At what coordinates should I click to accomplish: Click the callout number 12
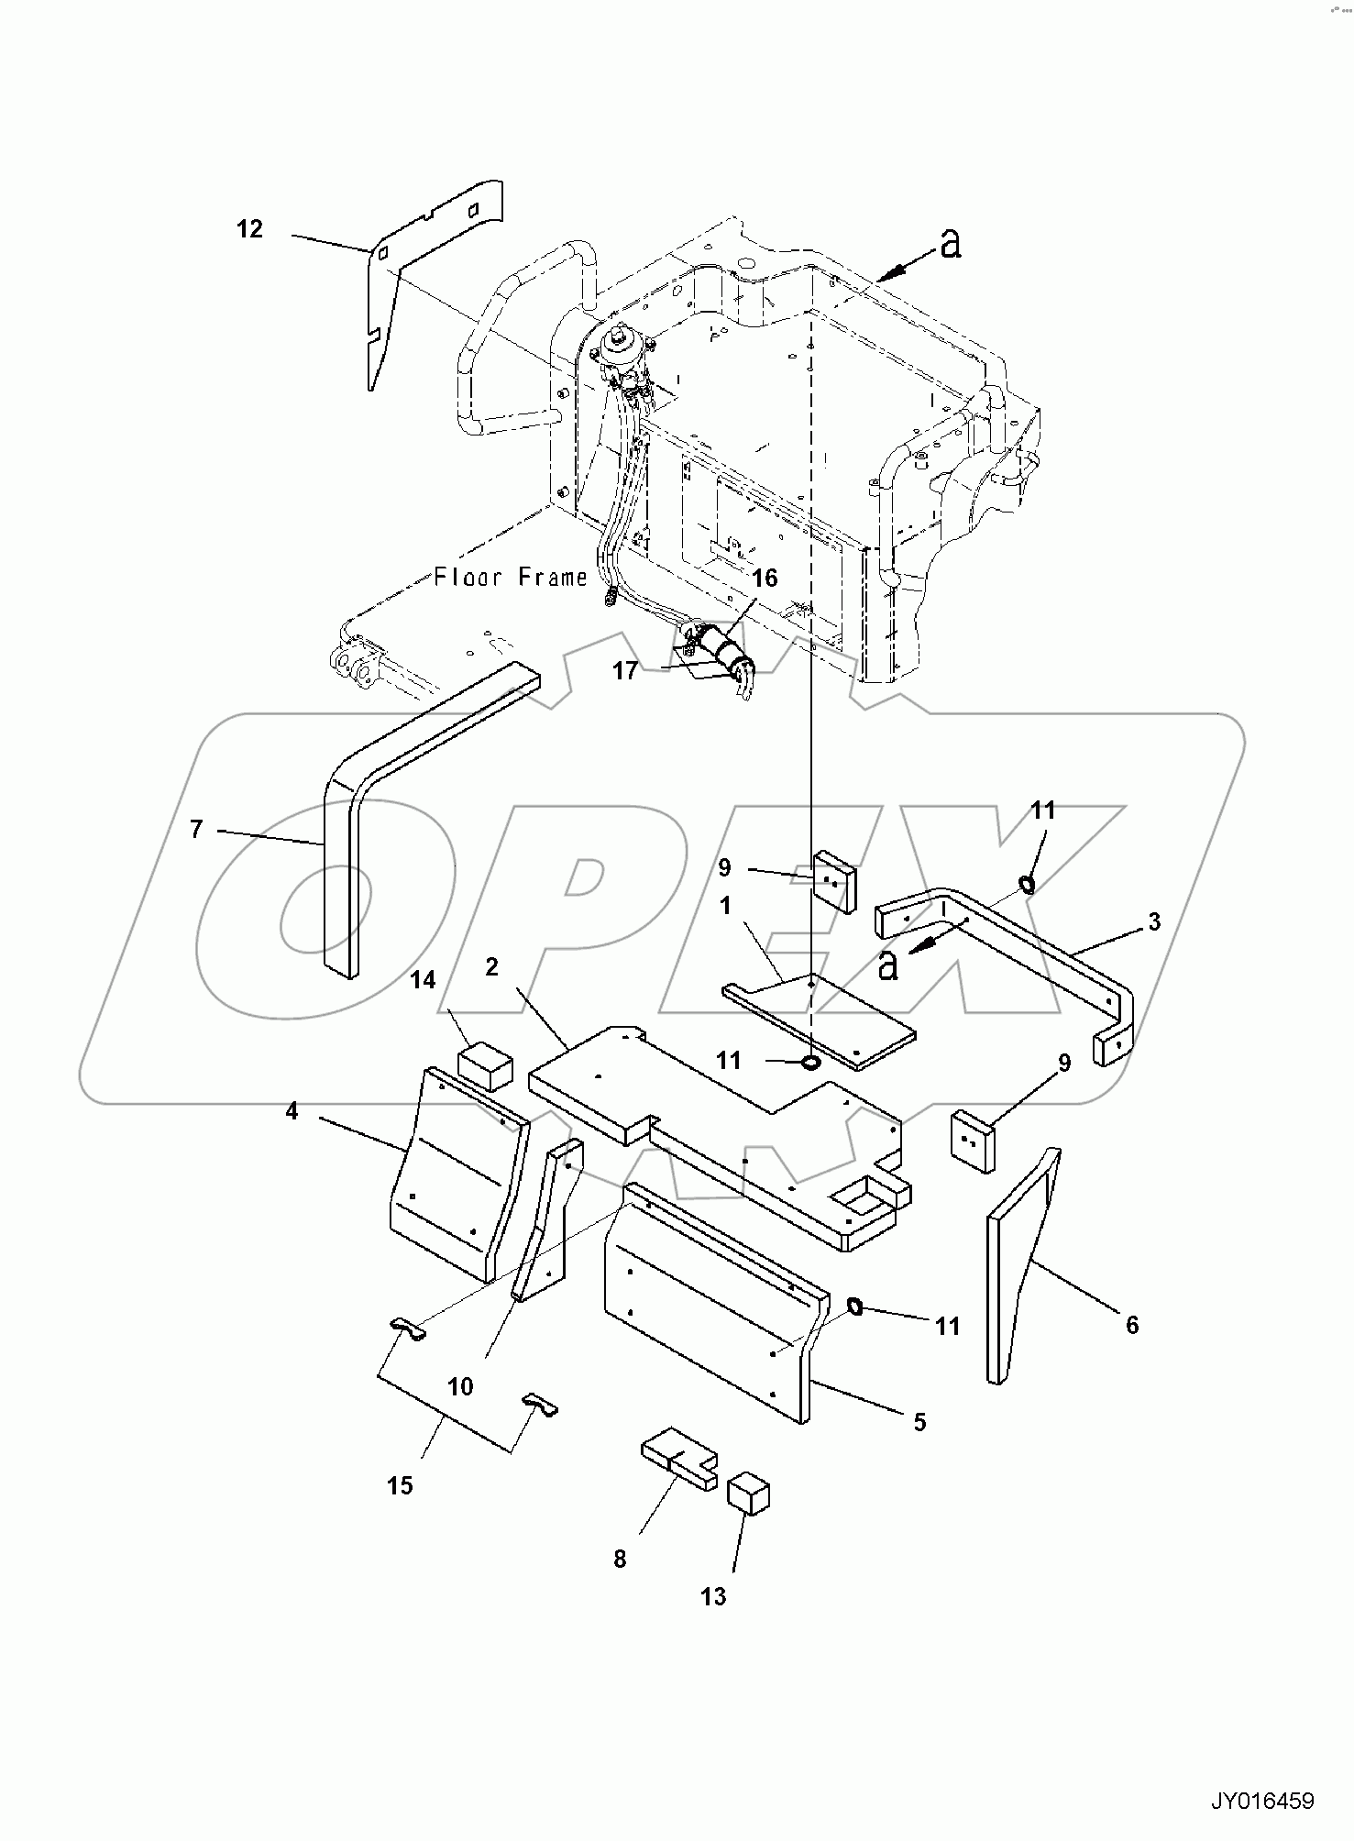click(249, 229)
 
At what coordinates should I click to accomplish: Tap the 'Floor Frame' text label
click(510, 578)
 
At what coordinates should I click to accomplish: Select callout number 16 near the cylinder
click(765, 578)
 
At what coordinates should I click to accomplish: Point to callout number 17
click(625, 671)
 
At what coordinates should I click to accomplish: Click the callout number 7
click(196, 829)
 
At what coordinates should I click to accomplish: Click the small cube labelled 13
click(749, 1494)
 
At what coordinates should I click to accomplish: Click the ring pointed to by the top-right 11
click(1026, 885)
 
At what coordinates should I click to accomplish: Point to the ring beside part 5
click(854, 1306)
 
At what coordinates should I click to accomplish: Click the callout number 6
click(1132, 1324)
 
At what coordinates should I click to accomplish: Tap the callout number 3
click(1154, 921)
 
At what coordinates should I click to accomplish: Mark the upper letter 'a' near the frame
click(952, 244)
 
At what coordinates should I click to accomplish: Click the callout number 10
click(460, 1387)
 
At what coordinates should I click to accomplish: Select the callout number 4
click(292, 1111)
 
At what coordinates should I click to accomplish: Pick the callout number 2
click(492, 967)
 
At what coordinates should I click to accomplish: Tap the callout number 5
click(919, 1422)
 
